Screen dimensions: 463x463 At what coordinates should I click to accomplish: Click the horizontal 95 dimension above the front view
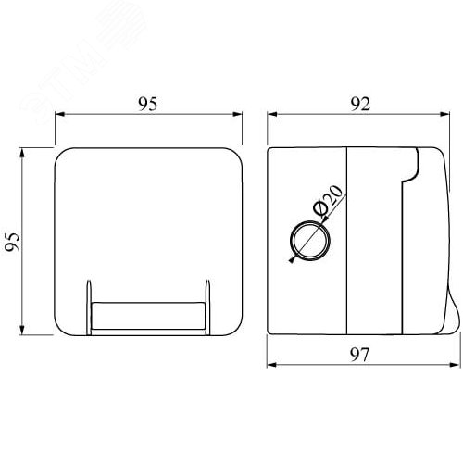(147, 104)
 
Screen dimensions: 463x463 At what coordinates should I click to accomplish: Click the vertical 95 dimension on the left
(12, 242)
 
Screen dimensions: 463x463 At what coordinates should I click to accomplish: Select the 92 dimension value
(360, 104)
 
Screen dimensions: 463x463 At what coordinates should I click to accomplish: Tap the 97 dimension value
(360, 355)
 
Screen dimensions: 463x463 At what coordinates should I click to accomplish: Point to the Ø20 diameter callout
(328, 200)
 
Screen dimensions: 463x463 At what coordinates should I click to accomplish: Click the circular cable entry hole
(310, 241)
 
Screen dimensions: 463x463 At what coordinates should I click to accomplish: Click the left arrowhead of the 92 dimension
(272, 114)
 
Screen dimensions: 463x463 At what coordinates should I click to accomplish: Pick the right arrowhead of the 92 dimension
(444, 114)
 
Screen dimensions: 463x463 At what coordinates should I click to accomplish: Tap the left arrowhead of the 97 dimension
(272, 365)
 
